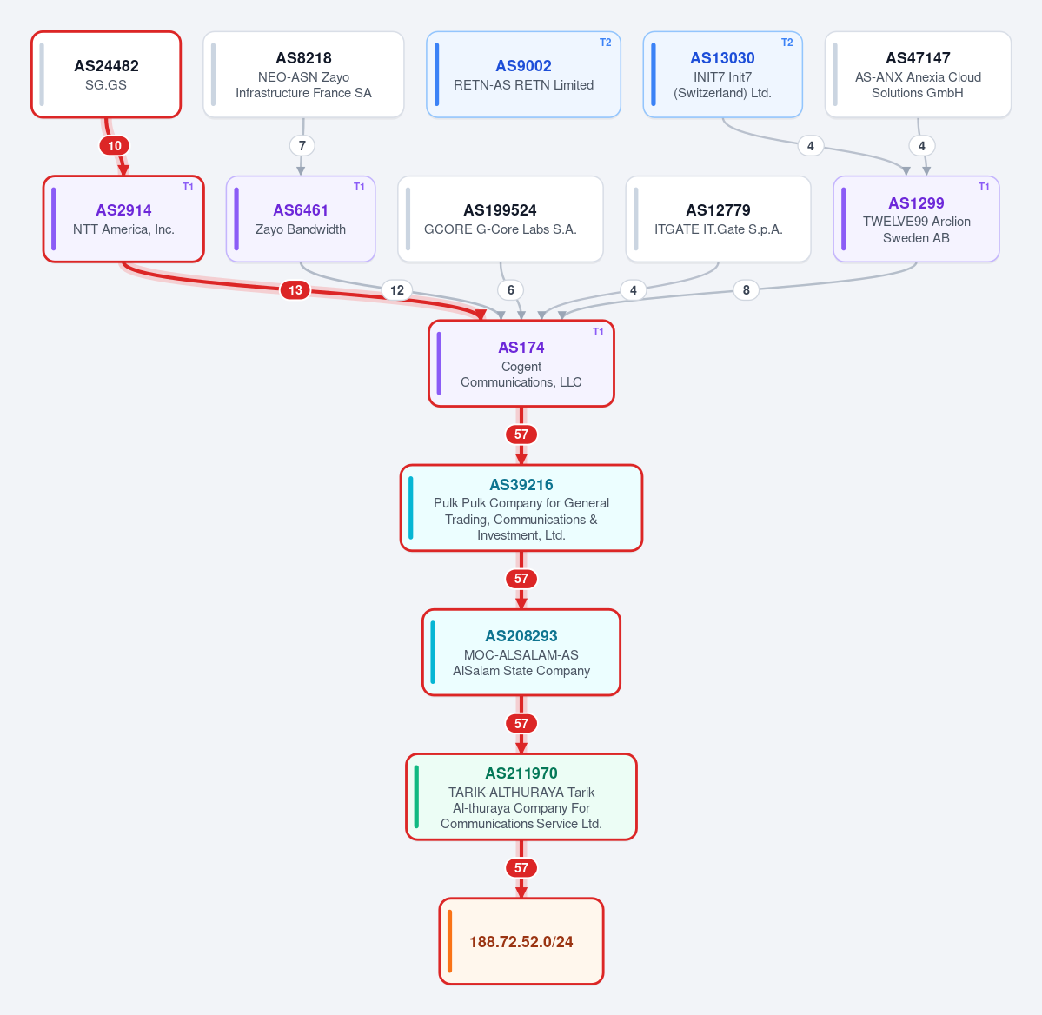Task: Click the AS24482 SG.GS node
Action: click(x=106, y=75)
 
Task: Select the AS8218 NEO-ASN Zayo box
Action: click(x=303, y=75)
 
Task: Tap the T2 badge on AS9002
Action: click(x=606, y=43)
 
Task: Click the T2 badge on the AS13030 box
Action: click(x=786, y=43)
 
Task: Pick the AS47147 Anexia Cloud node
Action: click(x=918, y=75)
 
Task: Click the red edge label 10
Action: click(x=115, y=146)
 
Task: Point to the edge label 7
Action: click(x=302, y=146)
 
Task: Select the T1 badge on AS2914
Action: click(x=188, y=187)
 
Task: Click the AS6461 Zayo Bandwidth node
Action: click(x=301, y=219)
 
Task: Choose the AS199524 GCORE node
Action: click(x=501, y=219)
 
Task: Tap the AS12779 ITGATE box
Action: click(x=719, y=219)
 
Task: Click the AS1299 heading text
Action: click(x=916, y=202)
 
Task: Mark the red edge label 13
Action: click(x=295, y=289)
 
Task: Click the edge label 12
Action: click(x=397, y=289)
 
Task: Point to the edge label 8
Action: click(x=747, y=289)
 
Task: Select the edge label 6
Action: click(x=510, y=289)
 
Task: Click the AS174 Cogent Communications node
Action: click(x=521, y=363)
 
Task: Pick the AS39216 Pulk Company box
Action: click(x=521, y=507)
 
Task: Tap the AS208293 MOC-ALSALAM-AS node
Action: click(x=521, y=653)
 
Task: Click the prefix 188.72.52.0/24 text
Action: click(x=521, y=942)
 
